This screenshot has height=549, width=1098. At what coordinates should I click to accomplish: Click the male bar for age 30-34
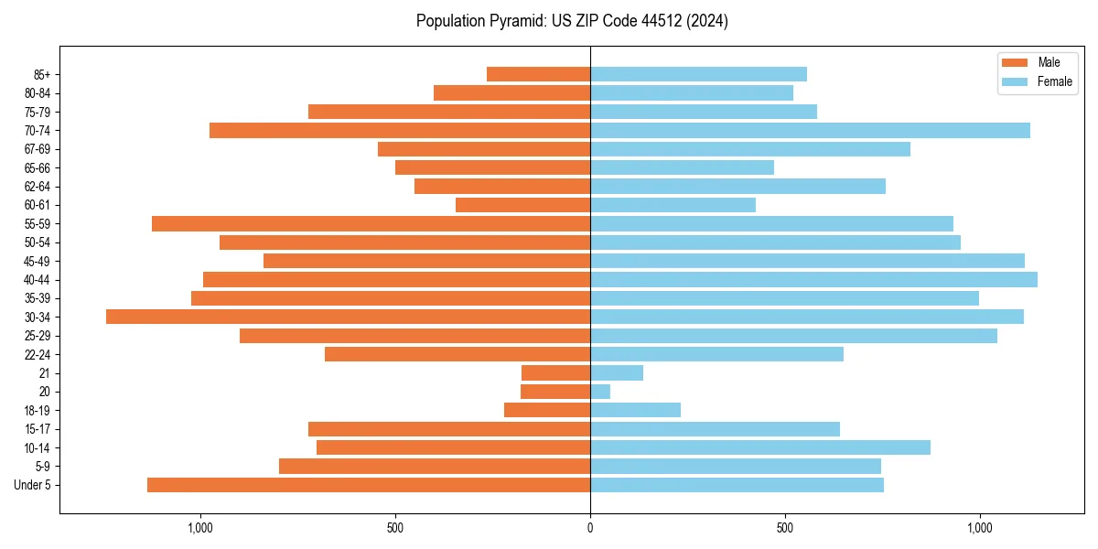(348, 317)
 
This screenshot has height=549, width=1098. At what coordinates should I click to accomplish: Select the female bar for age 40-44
(813, 279)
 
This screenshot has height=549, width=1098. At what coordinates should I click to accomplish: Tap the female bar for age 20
(600, 392)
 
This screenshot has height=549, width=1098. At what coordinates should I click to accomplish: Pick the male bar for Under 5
(369, 485)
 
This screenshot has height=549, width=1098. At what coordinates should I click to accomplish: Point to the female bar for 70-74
(810, 130)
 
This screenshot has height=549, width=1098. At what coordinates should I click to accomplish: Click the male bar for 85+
(538, 74)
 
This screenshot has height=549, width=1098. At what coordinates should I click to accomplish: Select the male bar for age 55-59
(371, 223)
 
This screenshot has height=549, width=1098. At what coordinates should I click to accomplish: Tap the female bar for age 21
(617, 372)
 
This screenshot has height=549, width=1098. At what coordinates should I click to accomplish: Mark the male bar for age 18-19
(547, 410)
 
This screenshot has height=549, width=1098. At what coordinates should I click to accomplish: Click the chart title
(572, 21)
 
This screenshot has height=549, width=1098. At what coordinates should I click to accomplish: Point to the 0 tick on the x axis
(590, 528)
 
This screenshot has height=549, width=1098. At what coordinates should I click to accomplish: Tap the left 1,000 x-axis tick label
(200, 528)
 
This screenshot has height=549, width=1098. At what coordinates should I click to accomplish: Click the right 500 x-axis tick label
(785, 528)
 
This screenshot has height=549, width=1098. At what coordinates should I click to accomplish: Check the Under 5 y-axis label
(33, 485)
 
